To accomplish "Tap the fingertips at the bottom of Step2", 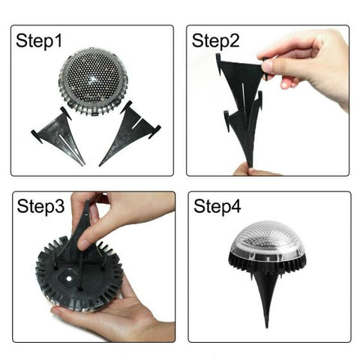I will coord(247,170).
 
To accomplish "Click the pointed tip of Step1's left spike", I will coord(82,163).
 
